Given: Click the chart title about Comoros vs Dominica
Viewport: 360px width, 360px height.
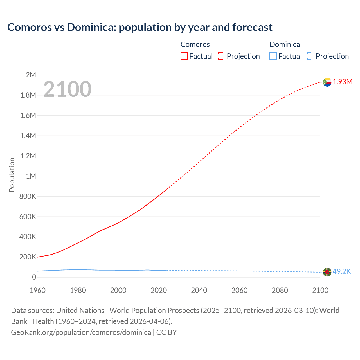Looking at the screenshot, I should (x=140, y=27).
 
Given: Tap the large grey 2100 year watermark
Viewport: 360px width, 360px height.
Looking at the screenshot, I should (x=67, y=89).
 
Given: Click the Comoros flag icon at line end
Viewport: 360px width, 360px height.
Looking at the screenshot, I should (x=327, y=82).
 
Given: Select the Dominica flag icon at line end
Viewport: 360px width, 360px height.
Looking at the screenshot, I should (x=327, y=272).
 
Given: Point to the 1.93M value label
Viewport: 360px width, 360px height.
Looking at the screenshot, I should (x=343, y=82).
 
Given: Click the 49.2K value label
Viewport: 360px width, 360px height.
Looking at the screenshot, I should (x=342, y=272).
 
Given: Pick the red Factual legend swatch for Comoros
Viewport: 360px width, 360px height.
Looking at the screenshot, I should (x=184, y=56).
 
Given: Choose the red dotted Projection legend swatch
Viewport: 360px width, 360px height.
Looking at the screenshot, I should (x=222, y=56).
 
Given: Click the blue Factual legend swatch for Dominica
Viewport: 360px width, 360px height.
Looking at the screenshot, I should (x=273, y=56).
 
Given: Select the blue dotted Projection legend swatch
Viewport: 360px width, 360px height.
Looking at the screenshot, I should (x=310, y=56).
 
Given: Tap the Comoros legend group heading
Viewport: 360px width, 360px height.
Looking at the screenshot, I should (x=195, y=44).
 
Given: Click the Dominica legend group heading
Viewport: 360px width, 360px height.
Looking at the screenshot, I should (x=285, y=44).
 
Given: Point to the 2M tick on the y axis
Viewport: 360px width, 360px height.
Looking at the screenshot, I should (x=31, y=75).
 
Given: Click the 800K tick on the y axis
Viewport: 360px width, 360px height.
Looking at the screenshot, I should (x=28, y=196).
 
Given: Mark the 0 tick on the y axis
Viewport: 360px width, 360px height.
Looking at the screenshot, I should (x=34, y=277).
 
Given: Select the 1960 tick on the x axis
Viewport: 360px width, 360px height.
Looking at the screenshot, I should (x=37, y=290).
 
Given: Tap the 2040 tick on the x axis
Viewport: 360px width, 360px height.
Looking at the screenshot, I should (x=199, y=290).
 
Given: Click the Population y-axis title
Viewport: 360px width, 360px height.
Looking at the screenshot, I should (x=12, y=175).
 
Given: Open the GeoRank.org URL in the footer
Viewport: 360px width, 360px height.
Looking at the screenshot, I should (x=81, y=332).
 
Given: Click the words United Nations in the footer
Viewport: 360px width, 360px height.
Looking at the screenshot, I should (x=80, y=310).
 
